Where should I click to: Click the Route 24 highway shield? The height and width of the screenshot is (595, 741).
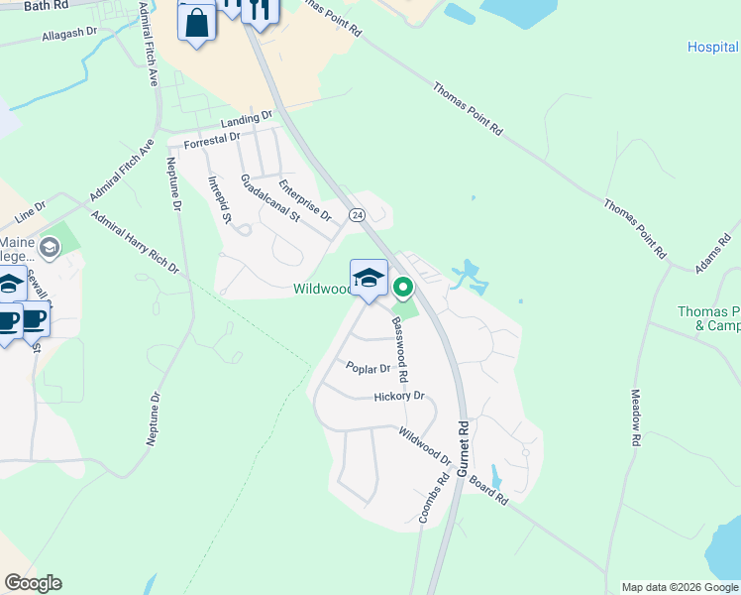click(x=356, y=214)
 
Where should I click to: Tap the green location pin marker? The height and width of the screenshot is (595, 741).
click(x=403, y=289)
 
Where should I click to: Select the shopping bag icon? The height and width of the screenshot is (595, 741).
click(x=196, y=23)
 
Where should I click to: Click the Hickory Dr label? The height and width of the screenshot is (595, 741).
click(x=399, y=397)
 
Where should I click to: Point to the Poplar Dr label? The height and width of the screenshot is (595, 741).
click(x=369, y=368)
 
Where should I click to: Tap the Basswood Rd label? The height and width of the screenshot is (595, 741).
click(x=401, y=349)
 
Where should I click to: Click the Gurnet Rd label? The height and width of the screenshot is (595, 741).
click(x=463, y=449)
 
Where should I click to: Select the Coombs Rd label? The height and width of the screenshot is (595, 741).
click(x=427, y=501)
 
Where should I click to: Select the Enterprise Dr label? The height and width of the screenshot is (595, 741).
click(x=304, y=200)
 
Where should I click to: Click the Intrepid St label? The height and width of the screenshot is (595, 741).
click(x=219, y=198)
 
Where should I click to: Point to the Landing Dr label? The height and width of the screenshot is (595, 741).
click(x=247, y=119)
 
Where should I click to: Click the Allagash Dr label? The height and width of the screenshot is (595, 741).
click(x=69, y=32)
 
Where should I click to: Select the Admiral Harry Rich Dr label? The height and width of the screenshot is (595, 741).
click(x=134, y=242)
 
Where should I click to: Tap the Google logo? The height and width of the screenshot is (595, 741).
click(x=33, y=583)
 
